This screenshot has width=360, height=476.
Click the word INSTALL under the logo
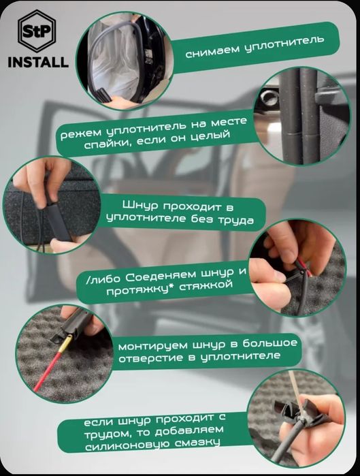(37, 63)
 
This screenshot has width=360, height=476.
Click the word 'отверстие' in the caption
(152, 359)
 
